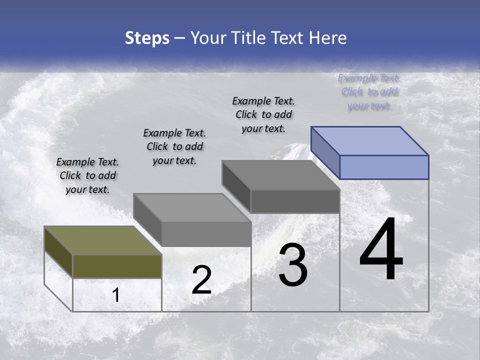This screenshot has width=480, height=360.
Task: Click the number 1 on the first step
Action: pyautogui.click(x=116, y=295)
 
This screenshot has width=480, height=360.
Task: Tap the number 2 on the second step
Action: pyautogui.click(x=201, y=280)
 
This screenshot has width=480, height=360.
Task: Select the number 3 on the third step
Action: pyautogui.click(x=293, y=265)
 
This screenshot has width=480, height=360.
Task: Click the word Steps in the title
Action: pyautogui.click(x=147, y=38)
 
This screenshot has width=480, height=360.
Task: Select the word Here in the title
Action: pyautogui.click(x=328, y=38)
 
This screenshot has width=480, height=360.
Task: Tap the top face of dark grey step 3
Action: pyautogui.click(x=280, y=175)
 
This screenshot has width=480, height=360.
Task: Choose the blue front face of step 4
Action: pyautogui.click(x=384, y=167)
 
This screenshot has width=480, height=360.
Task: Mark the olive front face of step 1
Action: pyautogui.click(x=117, y=266)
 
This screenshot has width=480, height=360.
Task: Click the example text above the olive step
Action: pyautogui.click(x=87, y=175)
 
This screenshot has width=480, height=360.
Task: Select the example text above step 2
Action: pyautogui.click(x=174, y=146)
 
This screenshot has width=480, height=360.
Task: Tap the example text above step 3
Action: pyautogui.click(x=263, y=114)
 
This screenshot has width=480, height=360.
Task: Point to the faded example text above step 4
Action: pyautogui.click(x=369, y=92)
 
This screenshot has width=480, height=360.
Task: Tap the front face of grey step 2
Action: pyautogui.click(x=206, y=234)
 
